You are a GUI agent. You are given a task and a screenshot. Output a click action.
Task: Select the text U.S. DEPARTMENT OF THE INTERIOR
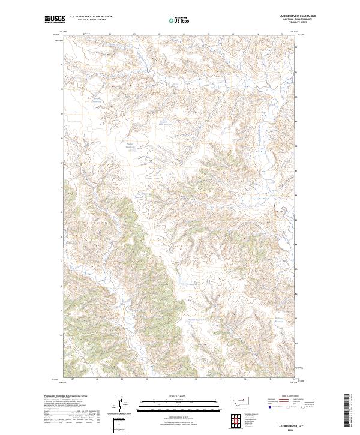click(x=91, y=16)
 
